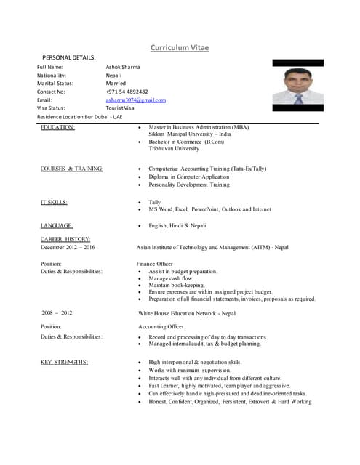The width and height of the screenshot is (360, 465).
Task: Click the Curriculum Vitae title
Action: (180, 48)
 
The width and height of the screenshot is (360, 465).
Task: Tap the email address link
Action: (135, 100)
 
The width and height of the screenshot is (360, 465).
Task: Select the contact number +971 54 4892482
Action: (127, 92)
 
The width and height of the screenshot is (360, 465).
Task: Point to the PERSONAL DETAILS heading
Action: (69, 57)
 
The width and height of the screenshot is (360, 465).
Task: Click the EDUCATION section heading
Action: (57, 127)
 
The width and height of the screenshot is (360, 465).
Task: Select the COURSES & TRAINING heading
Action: (71, 169)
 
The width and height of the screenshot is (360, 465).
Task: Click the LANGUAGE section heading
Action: (56, 225)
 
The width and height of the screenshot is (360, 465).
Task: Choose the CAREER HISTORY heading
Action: (65, 239)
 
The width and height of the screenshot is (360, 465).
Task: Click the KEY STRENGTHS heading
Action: (64, 362)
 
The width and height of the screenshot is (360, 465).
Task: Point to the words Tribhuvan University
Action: (174, 149)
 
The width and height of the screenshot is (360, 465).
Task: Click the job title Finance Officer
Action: (154, 263)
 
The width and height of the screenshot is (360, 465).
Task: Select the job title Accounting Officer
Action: (161, 326)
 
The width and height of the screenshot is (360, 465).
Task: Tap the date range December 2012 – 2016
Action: (68, 248)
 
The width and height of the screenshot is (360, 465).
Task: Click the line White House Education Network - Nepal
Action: (187, 313)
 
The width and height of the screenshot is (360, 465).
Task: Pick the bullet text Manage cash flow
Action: (171, 278)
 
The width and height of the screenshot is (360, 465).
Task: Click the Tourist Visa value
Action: (120, 108)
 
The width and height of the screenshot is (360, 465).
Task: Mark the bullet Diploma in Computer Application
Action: (189, 177)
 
